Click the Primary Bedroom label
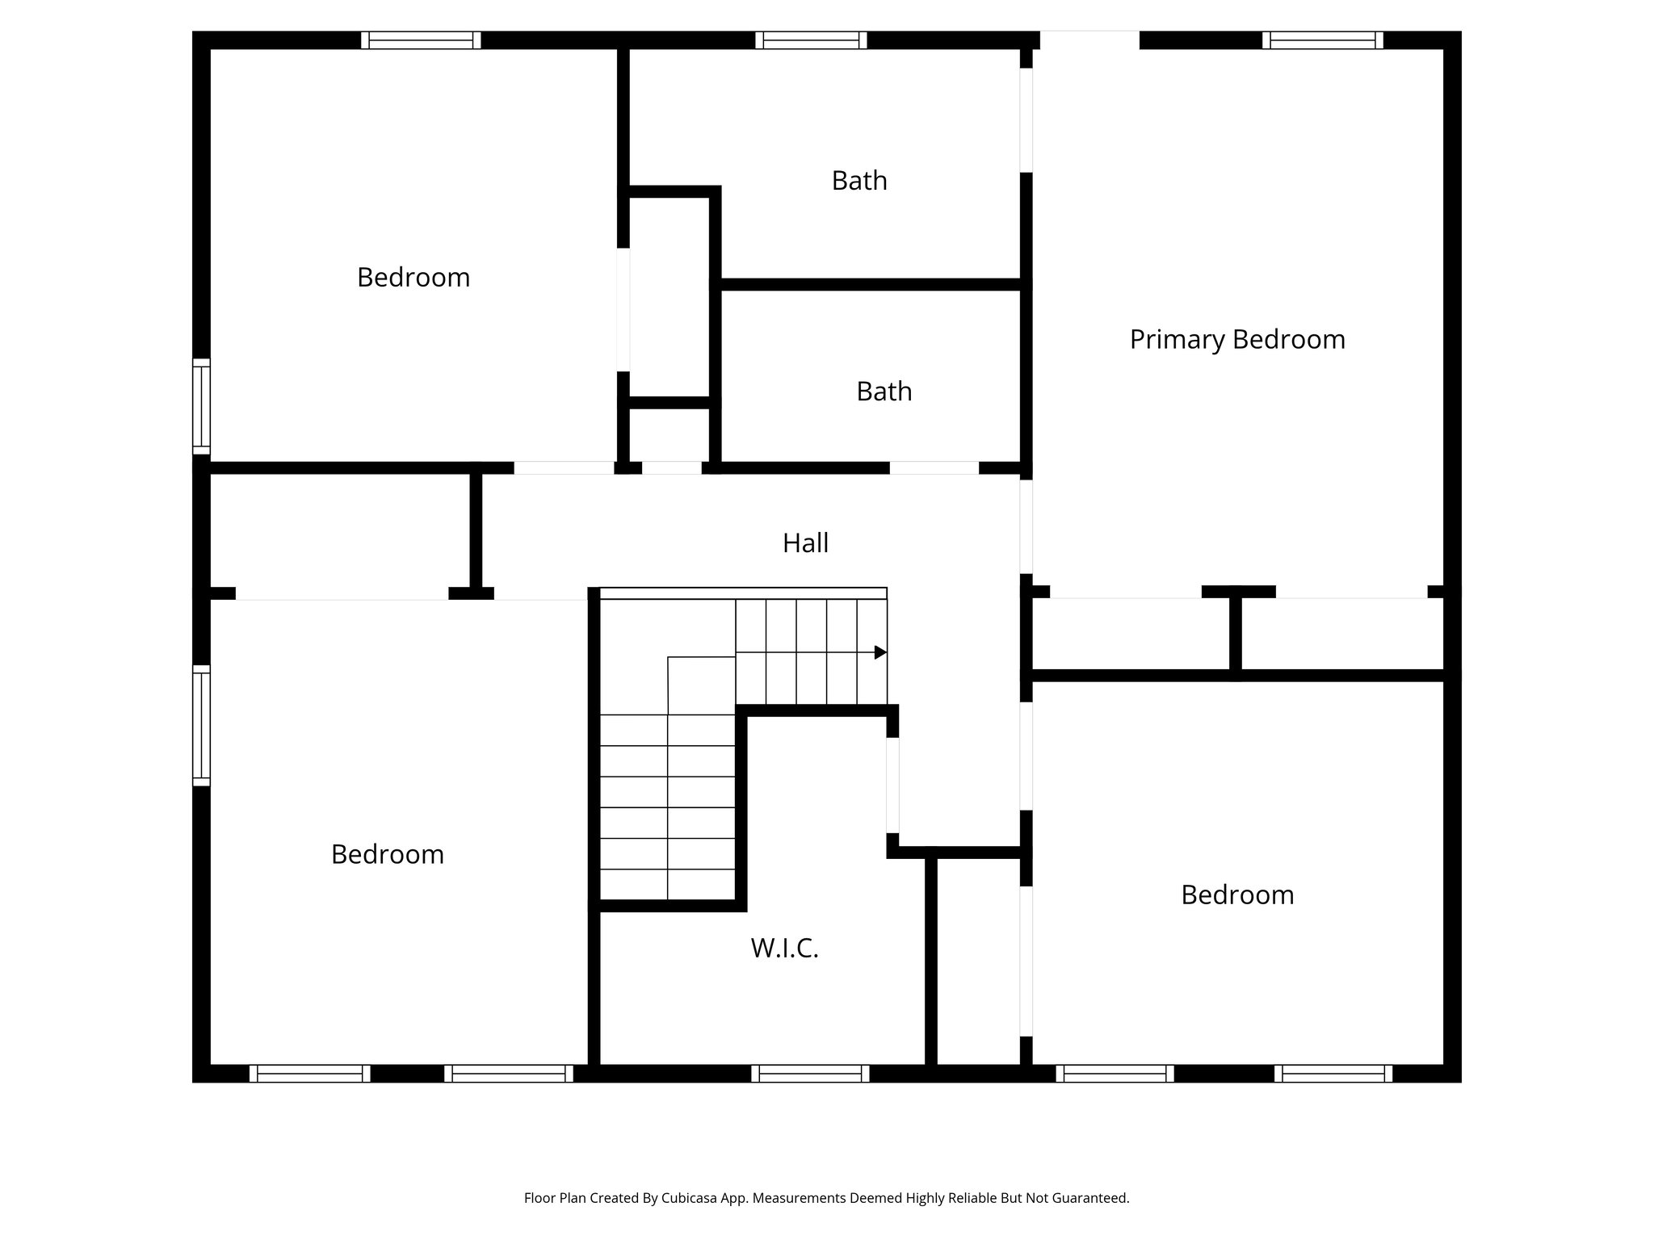pyautogui.click(x=1236, y=340)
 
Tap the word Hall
pyautogui.click(x=805, y=543)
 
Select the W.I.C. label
pyautogui.click(x=784, y=949)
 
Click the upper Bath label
pyautogui.click(x=859, y=181)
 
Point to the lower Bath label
pyautogui.click(x=884, y=392)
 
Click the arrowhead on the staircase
pyautogui.click(x=880, y=652)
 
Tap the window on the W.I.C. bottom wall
pyautogui.click(x=810, y=1074)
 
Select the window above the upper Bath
pyautogui.click(x=811, y=40)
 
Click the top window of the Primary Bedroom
pyautogui.click(x=1322, y=40)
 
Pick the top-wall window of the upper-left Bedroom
pyautogui.click(x=421, y=40)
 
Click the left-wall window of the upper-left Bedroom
pyautogui.click(x=201, y=407)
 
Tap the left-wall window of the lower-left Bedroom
pyautogui.click(x=201, y=726)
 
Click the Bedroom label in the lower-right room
pyautogui.click(x=1236, y=895)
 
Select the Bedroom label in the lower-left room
pyautogui.click(x=388, y=855)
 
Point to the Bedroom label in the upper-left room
pyautogui.click(x=413, y=278)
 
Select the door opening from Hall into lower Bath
pyautogui.click(x=934, y=468)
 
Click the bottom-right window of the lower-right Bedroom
pyautogui.click(x=1333, y=1074)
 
